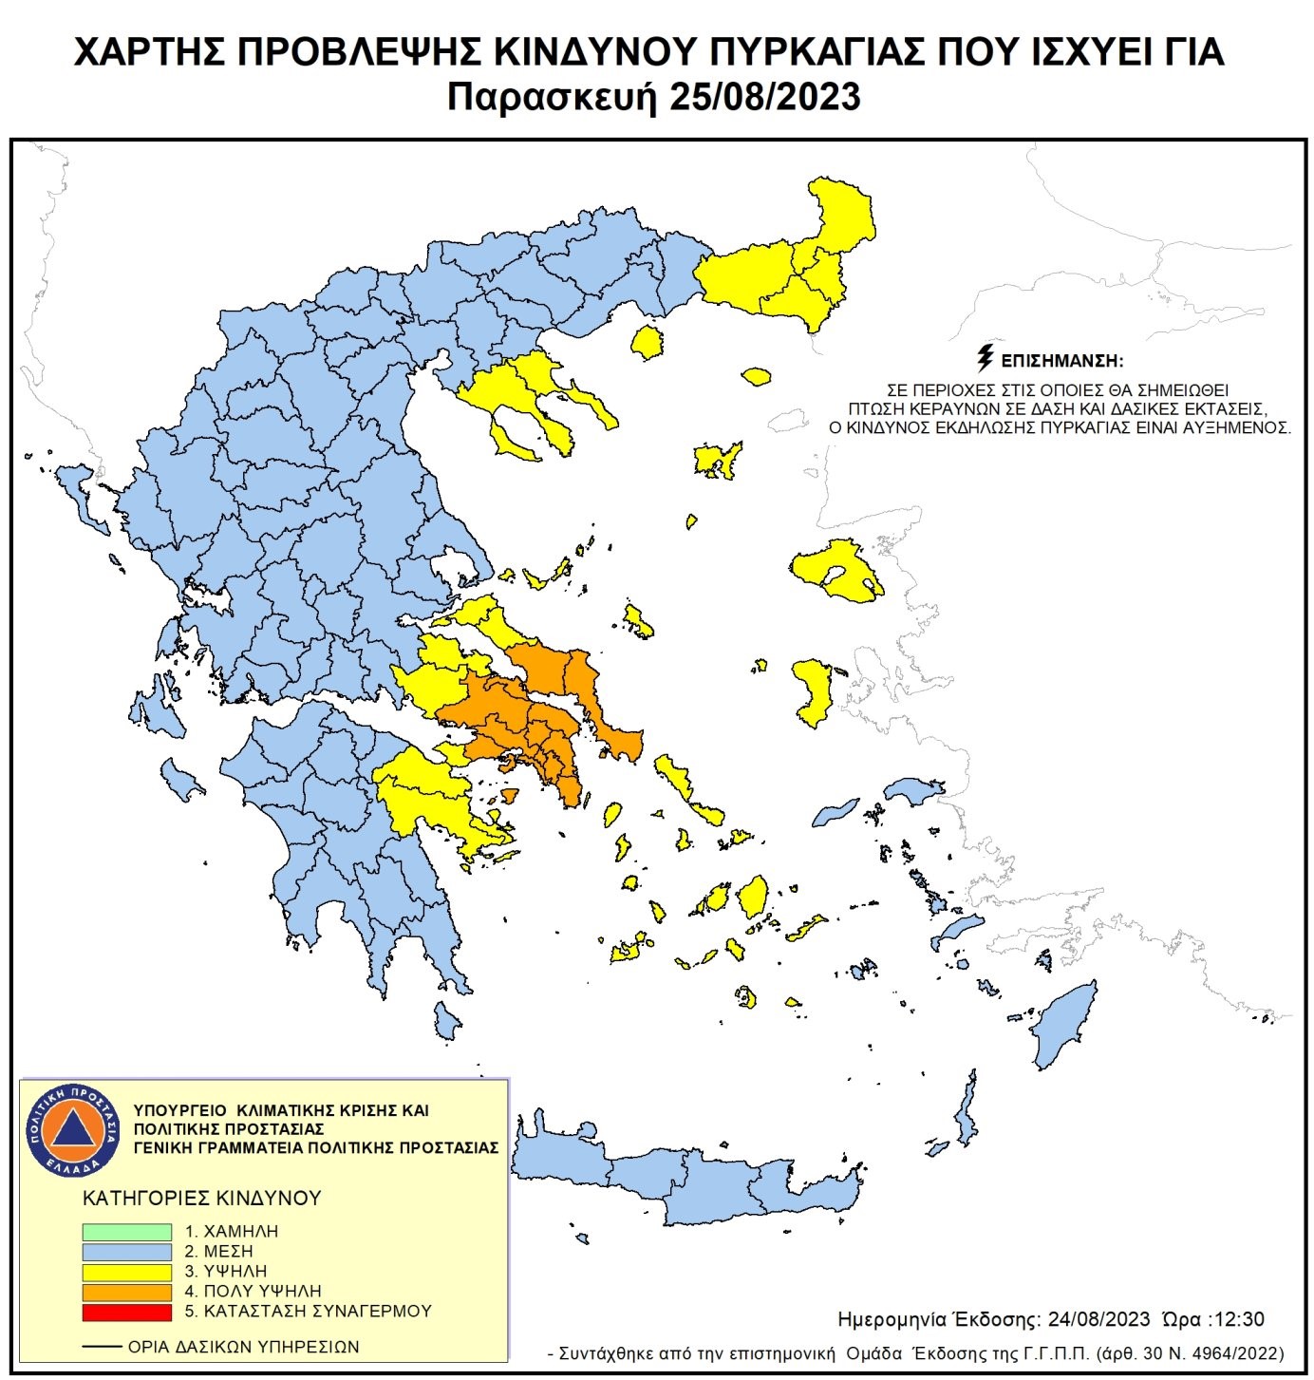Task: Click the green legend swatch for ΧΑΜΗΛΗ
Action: pos(126,1232)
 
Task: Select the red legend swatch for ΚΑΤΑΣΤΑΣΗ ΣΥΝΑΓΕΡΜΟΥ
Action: pos(126,1312)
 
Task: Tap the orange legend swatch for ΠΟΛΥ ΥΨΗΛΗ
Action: pos(126,1292)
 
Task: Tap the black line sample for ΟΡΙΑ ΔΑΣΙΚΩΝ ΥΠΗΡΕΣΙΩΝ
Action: pos(103,1347)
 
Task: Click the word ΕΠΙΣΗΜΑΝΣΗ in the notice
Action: pos(1062,361)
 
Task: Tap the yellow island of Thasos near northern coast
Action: pos(647,343)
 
